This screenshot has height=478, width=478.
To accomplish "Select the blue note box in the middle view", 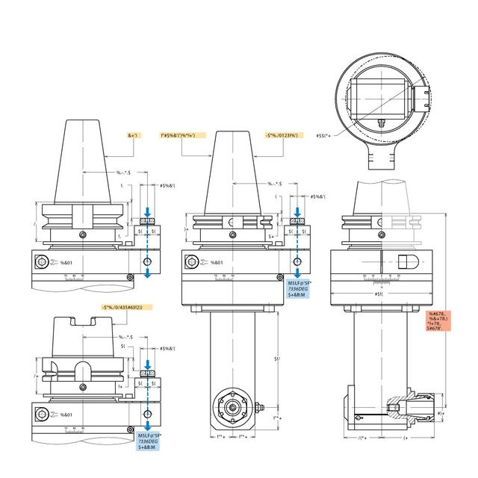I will click(302, 289).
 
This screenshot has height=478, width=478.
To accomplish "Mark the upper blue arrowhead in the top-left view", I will click(148, 212).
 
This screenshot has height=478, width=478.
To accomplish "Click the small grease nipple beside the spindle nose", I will click(263, 408).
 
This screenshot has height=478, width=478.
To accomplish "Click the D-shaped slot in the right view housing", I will click(407, 262).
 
